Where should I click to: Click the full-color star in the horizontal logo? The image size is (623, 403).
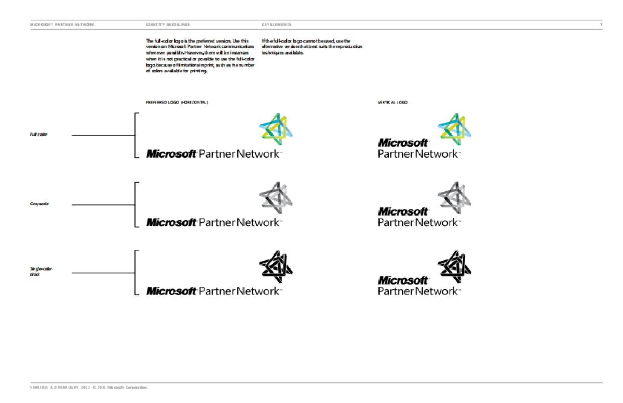(276, 127)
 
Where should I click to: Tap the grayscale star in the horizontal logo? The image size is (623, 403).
(276, 197)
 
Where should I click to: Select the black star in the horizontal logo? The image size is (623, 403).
(276, 265)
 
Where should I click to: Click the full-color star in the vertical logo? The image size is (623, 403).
(454, 127)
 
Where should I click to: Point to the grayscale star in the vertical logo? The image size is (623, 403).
(454, 197)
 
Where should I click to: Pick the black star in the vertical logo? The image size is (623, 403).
(454, 265)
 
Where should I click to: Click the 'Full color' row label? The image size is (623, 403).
(38, 135)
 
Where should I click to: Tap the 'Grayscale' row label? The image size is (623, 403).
(39, 204)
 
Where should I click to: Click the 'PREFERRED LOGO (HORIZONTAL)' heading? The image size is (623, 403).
(177, 102)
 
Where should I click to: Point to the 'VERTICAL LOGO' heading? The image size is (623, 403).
(392, 102)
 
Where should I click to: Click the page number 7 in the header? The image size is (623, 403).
(601, 24)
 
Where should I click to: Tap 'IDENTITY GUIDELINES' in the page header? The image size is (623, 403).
(168, 24)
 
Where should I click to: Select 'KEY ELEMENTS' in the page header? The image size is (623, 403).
(276, 24)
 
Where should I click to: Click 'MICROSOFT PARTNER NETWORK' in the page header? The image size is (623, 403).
(62, 24)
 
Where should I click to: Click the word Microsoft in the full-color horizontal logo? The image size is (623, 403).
(171, 154)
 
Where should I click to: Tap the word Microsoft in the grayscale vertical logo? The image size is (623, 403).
(403, 211)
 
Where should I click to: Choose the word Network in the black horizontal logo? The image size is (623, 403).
(258, 291)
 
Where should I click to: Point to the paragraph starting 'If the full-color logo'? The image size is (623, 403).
(311, 47)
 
